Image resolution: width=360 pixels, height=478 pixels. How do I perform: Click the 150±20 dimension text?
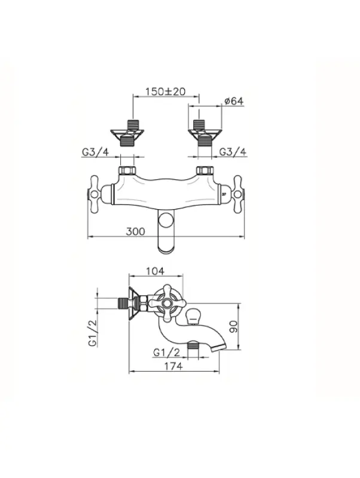point(164,92)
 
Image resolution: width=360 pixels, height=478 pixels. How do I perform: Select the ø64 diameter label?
point(233,102)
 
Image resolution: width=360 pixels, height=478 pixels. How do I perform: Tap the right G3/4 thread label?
point(233,152)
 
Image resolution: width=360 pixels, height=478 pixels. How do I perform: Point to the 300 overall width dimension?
point(136,231)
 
